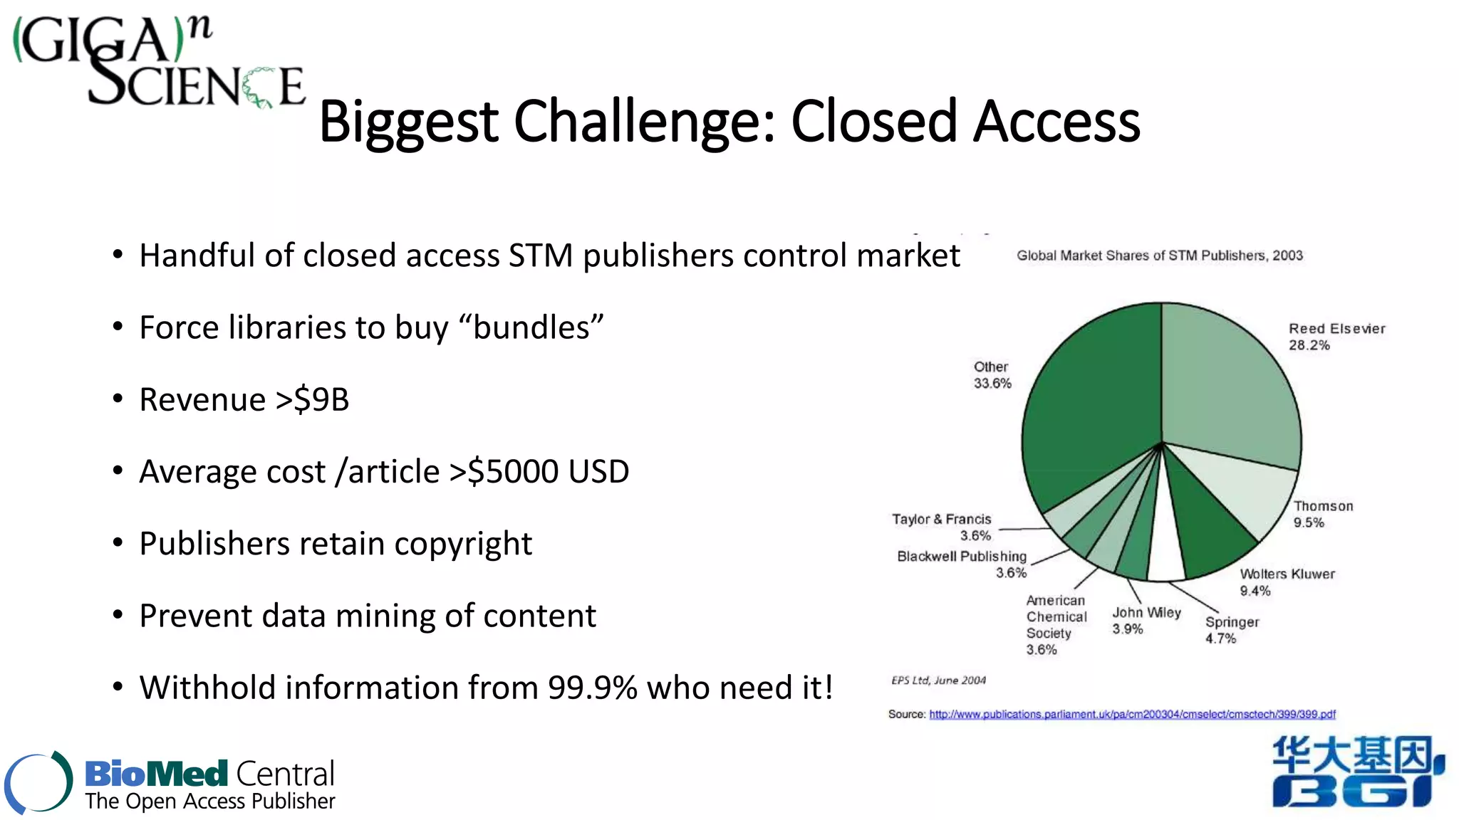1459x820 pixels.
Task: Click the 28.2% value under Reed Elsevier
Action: (1309, 345)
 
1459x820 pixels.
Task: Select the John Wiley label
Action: (1146, 613)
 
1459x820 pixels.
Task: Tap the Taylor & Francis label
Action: (941, 520)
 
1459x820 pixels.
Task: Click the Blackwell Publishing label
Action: (962, 557)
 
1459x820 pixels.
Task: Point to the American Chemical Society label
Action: (1056, 617)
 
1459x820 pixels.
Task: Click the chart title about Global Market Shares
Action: (1159, 256)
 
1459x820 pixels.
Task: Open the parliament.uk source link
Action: (1132, 714)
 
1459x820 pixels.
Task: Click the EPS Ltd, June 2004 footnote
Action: (938, 680)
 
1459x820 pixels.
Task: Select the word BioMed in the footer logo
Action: (156, 774)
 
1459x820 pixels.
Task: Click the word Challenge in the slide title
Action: (645, 122)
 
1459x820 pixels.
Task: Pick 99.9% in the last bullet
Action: (592, 688)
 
